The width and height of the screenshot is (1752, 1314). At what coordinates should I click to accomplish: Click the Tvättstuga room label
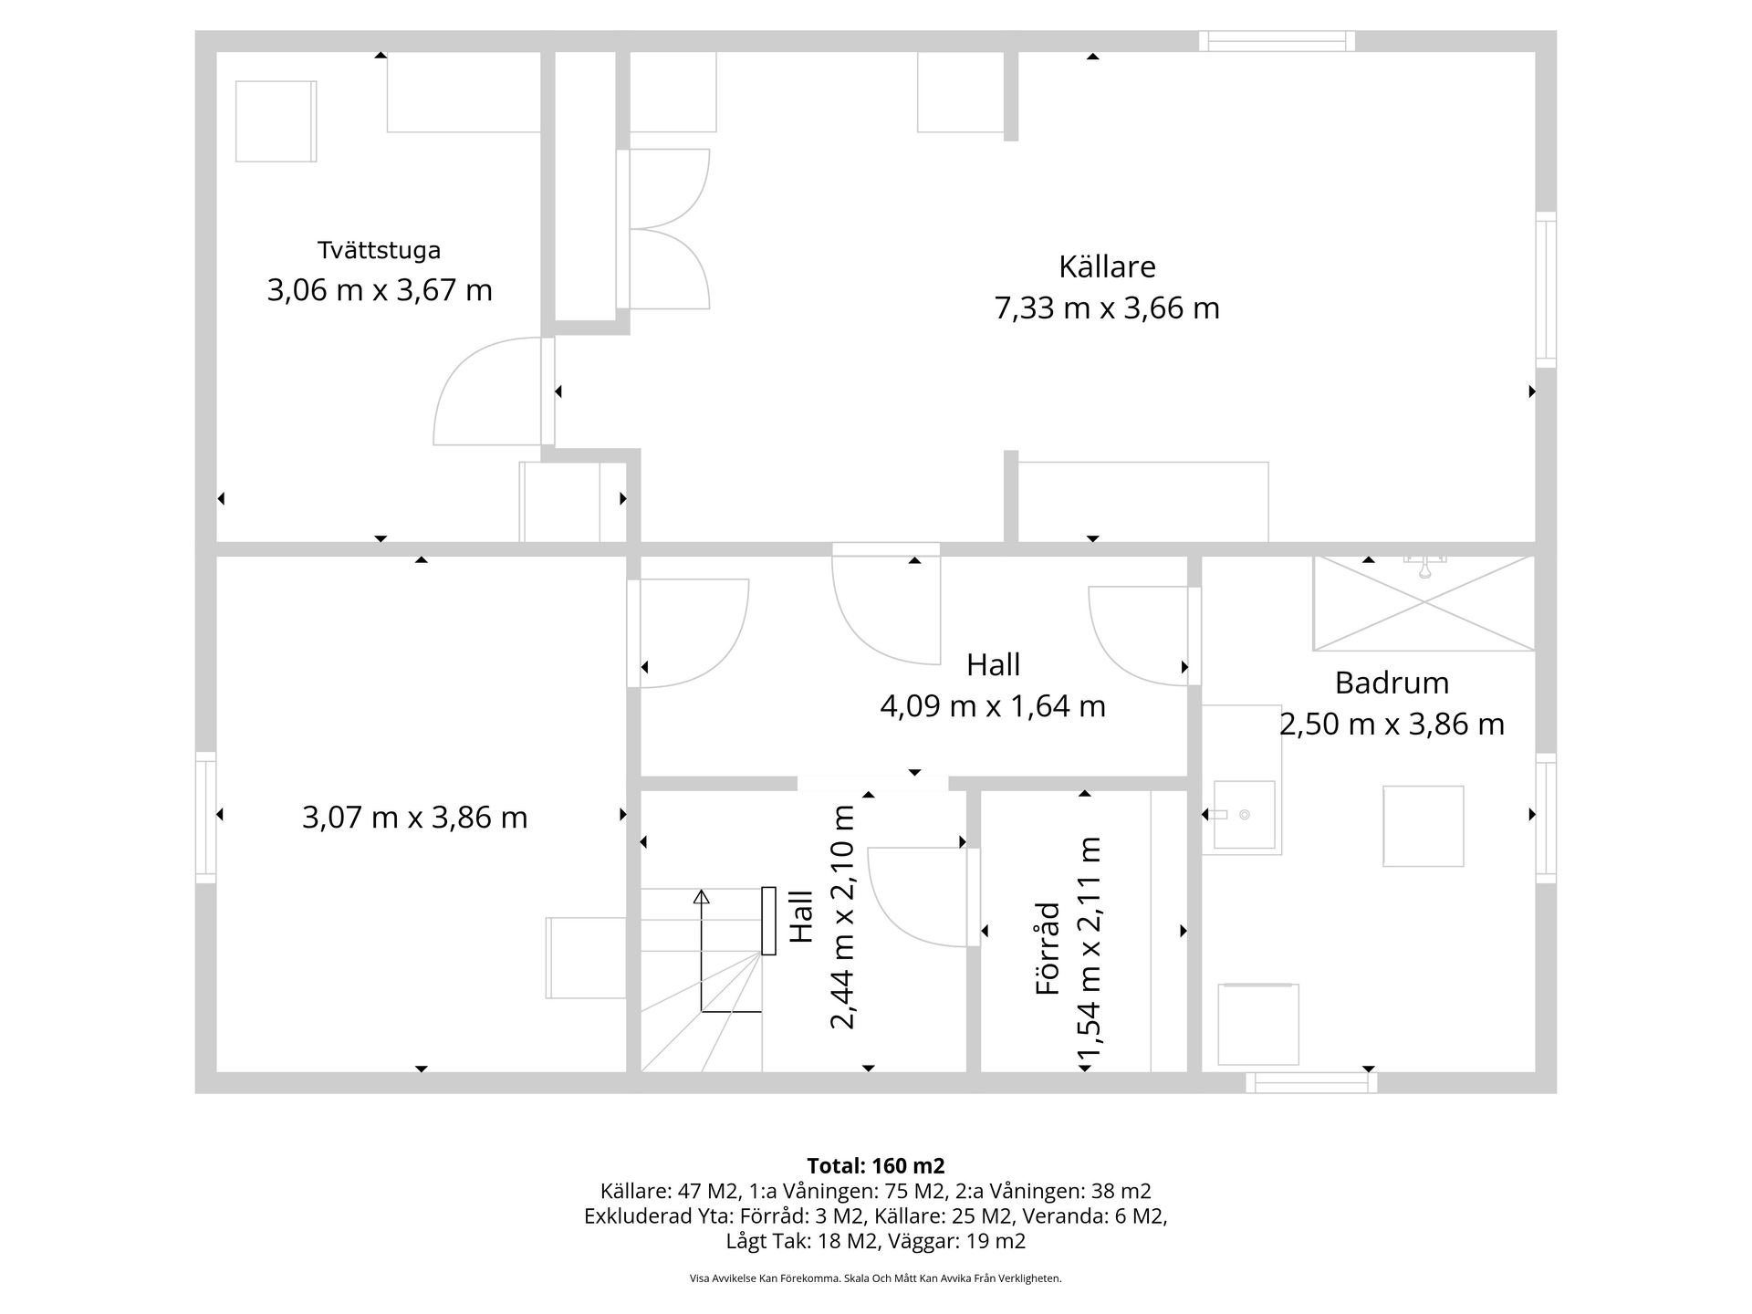click(379, 250)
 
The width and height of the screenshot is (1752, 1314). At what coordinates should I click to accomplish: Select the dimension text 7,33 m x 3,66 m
click(1106, 308)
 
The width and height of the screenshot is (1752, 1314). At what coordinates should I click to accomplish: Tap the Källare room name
click(1106, 266)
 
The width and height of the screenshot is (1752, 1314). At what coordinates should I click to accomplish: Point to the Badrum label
click(1391, 683)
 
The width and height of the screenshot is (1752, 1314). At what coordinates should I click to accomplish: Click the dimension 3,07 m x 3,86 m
click(414, 818)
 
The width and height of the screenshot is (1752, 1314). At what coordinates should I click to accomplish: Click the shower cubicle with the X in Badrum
click(1423, 602)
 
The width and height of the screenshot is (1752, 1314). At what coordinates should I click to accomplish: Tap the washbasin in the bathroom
click(1243, 815)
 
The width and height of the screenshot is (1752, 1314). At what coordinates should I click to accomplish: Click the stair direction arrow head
click(701, 896)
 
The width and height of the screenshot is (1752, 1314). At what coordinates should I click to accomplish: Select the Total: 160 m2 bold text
click(875, 1165)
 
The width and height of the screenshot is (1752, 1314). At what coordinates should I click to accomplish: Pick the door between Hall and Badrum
click(1141, 634)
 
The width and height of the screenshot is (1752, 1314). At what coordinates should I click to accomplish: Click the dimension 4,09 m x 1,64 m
click(992, 706)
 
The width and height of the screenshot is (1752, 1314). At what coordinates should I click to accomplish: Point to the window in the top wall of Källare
click(1276, 41)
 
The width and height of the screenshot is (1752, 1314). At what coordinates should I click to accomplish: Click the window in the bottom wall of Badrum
click(1310, 1083)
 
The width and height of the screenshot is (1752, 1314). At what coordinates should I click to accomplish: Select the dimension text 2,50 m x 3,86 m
click(1391, 725)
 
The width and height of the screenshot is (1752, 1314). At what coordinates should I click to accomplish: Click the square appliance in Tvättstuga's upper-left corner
click(276, 121)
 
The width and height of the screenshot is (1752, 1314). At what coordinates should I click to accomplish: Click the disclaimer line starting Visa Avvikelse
click(875, 1278)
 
